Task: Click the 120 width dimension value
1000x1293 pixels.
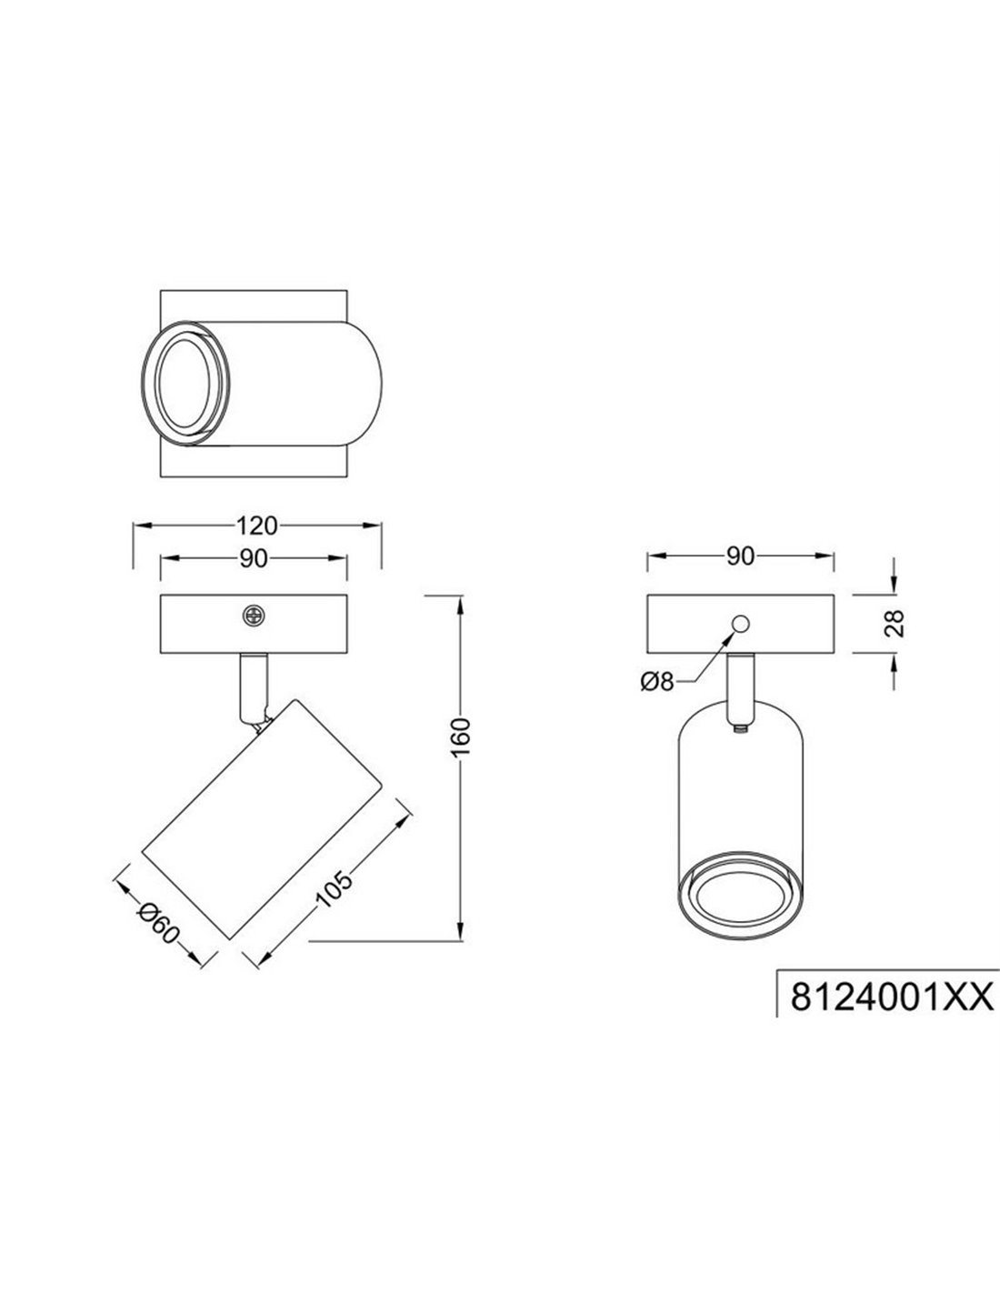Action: tap(257, 526)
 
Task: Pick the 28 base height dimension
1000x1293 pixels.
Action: tap(895, 624)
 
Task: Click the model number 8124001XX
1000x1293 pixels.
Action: tap(892, 997)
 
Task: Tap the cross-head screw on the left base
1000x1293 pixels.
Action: tap(254, 616)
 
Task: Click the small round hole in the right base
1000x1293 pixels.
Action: tap(741, 624)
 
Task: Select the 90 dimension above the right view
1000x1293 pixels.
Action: tap(740, 556)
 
